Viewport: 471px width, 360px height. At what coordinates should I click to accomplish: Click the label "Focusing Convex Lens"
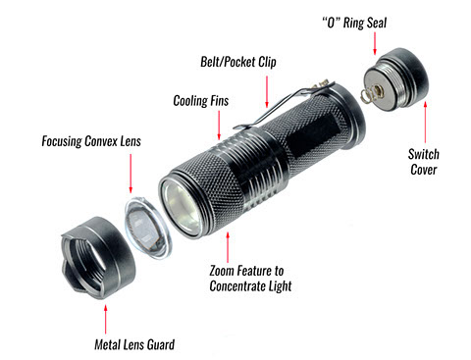tap(94, 140)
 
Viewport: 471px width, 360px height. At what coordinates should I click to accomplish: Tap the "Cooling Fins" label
tap(202, 100)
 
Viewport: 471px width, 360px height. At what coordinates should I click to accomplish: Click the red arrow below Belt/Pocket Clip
tap(265, 87)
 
